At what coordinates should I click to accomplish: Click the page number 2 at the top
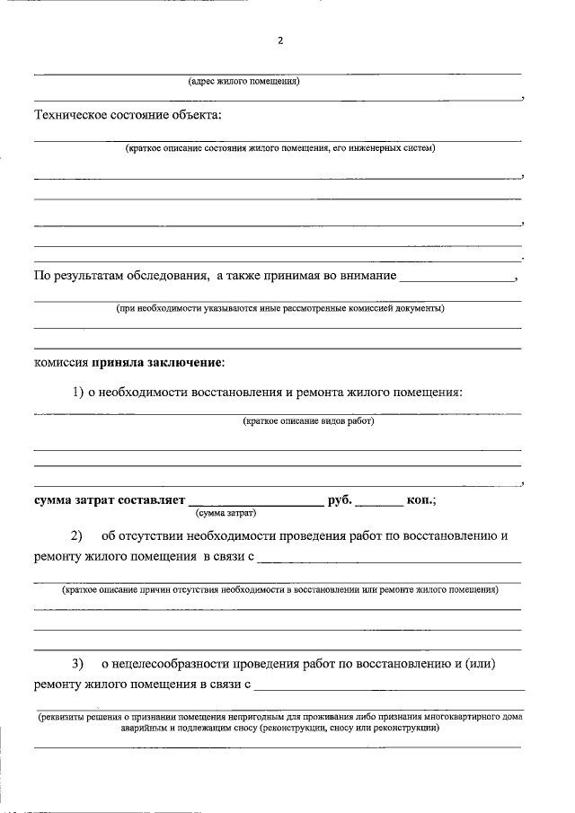point(280,41)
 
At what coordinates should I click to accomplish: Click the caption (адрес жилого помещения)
point(243,82)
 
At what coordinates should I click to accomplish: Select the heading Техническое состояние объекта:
point(126,115)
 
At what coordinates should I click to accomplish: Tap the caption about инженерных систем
point(279,147)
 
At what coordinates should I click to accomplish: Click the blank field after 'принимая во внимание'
point(456,277)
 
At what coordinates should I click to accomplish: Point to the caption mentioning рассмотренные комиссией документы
point(279,308)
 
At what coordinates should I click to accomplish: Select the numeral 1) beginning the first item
point(78,392)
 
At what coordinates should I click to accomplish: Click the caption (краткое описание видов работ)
point(308,420)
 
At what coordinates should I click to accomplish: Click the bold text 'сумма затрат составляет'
point(109,499)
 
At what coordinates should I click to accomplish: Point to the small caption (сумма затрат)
point(226,513)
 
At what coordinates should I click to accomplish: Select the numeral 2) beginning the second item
point(76,536)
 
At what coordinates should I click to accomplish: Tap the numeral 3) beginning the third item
point(77,664)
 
